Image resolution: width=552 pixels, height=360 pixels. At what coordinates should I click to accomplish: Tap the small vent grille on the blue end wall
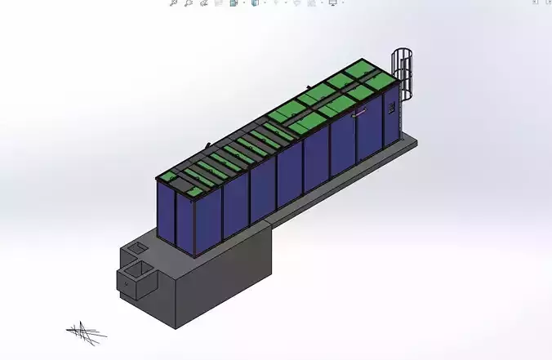[393, 108]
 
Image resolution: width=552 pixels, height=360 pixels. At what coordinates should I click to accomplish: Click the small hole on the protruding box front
[126, 281]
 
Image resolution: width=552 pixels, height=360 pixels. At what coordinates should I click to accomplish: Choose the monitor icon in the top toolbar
[333, 3]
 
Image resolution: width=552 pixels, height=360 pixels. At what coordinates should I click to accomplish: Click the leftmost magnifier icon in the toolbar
[173, 3]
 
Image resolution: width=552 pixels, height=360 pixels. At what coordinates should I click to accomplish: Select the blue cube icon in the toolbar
[255, 3]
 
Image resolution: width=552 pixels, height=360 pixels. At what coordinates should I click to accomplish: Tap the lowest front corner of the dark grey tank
[176, 329]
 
